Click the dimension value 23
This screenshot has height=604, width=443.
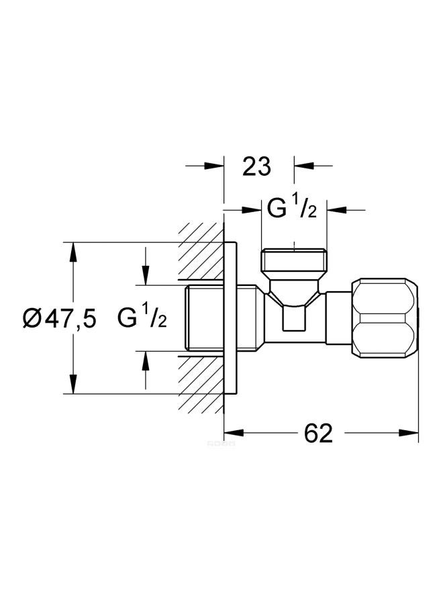(x=256, y=166)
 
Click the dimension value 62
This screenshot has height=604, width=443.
(x=319, y=434)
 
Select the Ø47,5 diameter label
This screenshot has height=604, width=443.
(x=59, y=318)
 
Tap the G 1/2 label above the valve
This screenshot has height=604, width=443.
(x=292, y=209)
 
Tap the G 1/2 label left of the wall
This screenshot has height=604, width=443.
(x=142, y=318)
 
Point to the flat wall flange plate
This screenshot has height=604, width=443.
(x=230, y=318)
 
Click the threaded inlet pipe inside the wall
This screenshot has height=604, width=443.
(x=201, y=318)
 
